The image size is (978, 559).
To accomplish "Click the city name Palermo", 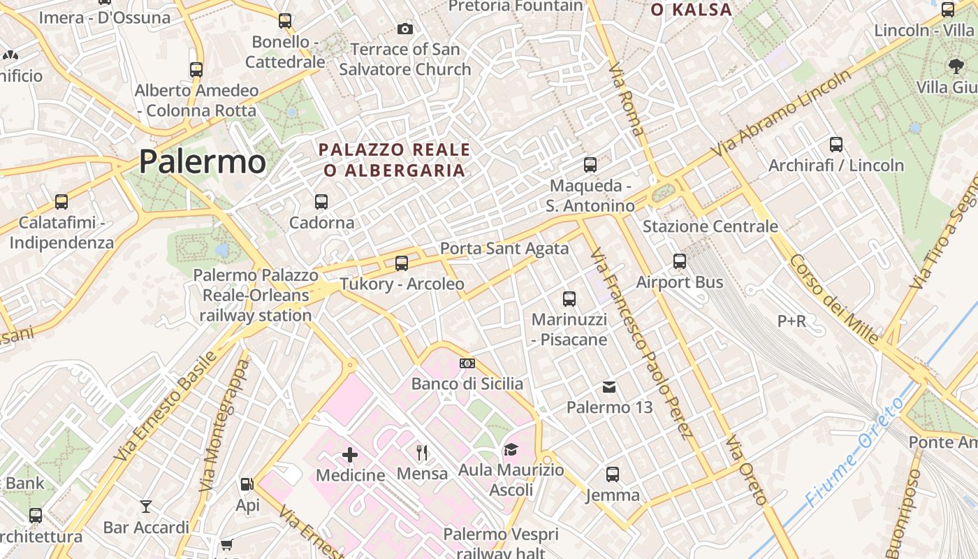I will pyautogui.click(x=202, y=161).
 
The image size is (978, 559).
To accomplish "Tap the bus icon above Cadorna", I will pyautogui.click(x=321, y=202).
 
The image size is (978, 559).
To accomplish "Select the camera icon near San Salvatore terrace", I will pyautogui.click(x=404, y=29).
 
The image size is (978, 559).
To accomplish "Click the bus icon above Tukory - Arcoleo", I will pyautogui.click(x=402, y=263).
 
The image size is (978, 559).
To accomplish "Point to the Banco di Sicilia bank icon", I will pyautogui.click(x=467, y=363).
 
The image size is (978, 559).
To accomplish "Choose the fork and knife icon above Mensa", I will pyautogui.click(x=422, y=453).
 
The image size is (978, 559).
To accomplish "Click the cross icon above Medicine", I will pyautogui.click(x=350, y=456).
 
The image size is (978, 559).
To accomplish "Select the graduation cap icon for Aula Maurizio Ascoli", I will pyautogui.click(x=511, y=450).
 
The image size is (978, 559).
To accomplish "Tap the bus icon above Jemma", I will pyautogui.click(x=613, y=474).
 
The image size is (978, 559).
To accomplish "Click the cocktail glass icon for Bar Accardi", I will pyautogui.click(x=146, y=507).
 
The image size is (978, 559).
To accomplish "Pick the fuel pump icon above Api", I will pyautogui.click(x=247, y=484).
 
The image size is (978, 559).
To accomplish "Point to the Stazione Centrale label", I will pyautogui.click(x=710, y=226).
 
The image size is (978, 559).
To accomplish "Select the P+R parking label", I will pyautogui.click(x=791, y=321).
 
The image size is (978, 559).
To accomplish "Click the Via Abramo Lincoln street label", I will pyautogui.click(x=782, y=114).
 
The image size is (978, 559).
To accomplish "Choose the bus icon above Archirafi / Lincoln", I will pyautogui.click(x=836, y=145).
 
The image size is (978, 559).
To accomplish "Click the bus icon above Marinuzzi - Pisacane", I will pyautogui.click(x=569, y=299).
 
